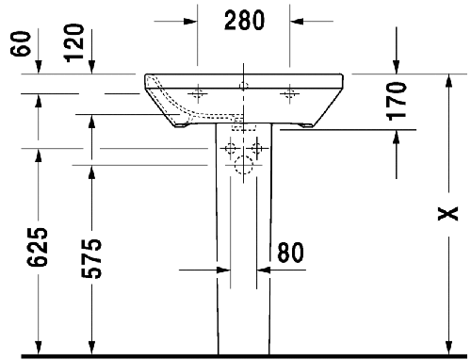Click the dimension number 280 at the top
pyautogui.click(x=242, y=18)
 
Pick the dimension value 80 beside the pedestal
pyautogui.click(x=290, y=252)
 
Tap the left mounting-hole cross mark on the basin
pyautogui.click(x=199, y=92)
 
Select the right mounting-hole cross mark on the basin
pyautogui.click(x=288, y=92)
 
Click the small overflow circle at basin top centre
pyautogui.click(x=243, y=87)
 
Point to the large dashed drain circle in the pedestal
pyautogui.click(x=243, y=169)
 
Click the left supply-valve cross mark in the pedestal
pyautogui.click(x=228, y=148)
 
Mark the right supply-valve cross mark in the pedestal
pyautogui.click(x=258, y=148)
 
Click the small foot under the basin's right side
pyautogui.click(x=306, y=124)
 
